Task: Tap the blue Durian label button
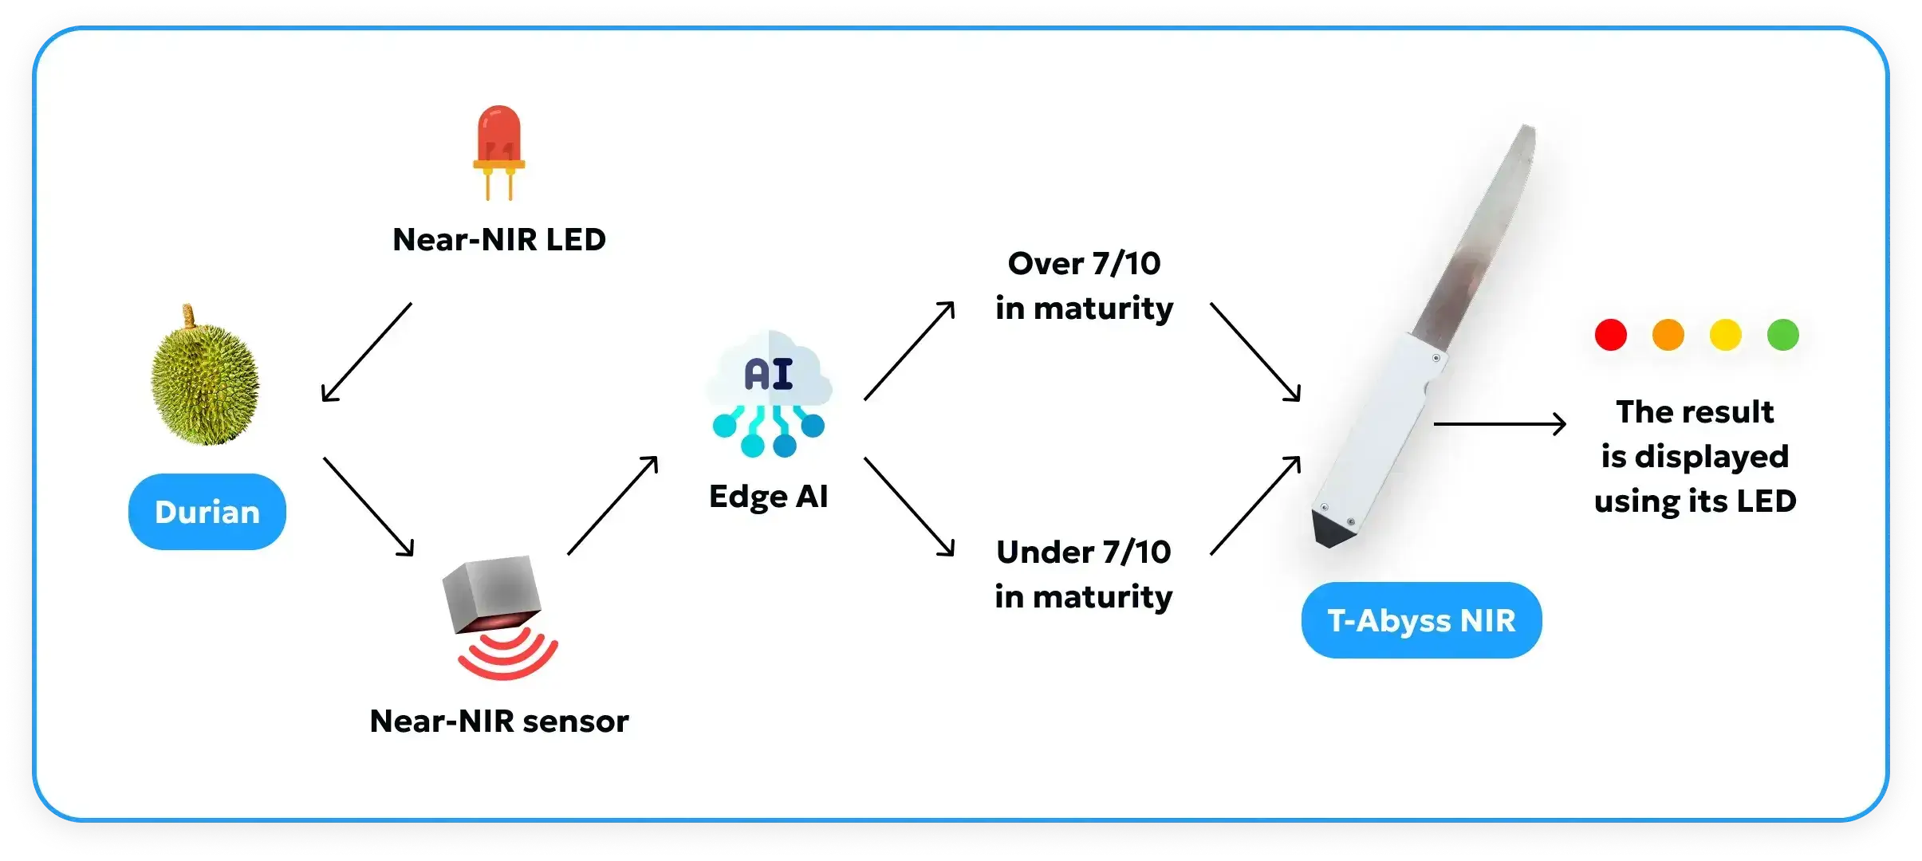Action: pyautogui.click(x=207, y=512)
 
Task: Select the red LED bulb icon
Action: pyautogui.click(x=498, y=147)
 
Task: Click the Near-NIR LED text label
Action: pyautogui.click(x=499, y=240)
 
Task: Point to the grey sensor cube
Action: pyautogui.click(x=491, y=594)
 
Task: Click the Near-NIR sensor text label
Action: pyautogui.click(x=499, y=721)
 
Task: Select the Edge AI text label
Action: pyautogui.click(x=769, y=497)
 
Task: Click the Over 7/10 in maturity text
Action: pyautogui.click(x=1085, y=285)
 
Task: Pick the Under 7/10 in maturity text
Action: pyautogui.click(x=1084, y=574)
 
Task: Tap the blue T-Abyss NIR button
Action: pyautogui.click(x=1421, y=620)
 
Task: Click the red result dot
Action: pyautogui.click(x=1610, y=335)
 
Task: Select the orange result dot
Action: pyautogui.click(x=1668, y=335)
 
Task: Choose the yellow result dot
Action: pyautogui.click(x=1725, y=335)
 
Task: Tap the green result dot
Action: pyautogui.click(x=1782, y=335)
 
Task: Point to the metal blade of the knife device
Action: pyautogui.click(x=1475, y=239)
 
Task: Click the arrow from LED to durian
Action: pyautogui.click(x=367, y=352)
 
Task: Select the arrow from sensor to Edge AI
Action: pyautogui.click(x=612, y=505)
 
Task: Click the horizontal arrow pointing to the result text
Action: pyautogui.click(x=1499, y=424)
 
